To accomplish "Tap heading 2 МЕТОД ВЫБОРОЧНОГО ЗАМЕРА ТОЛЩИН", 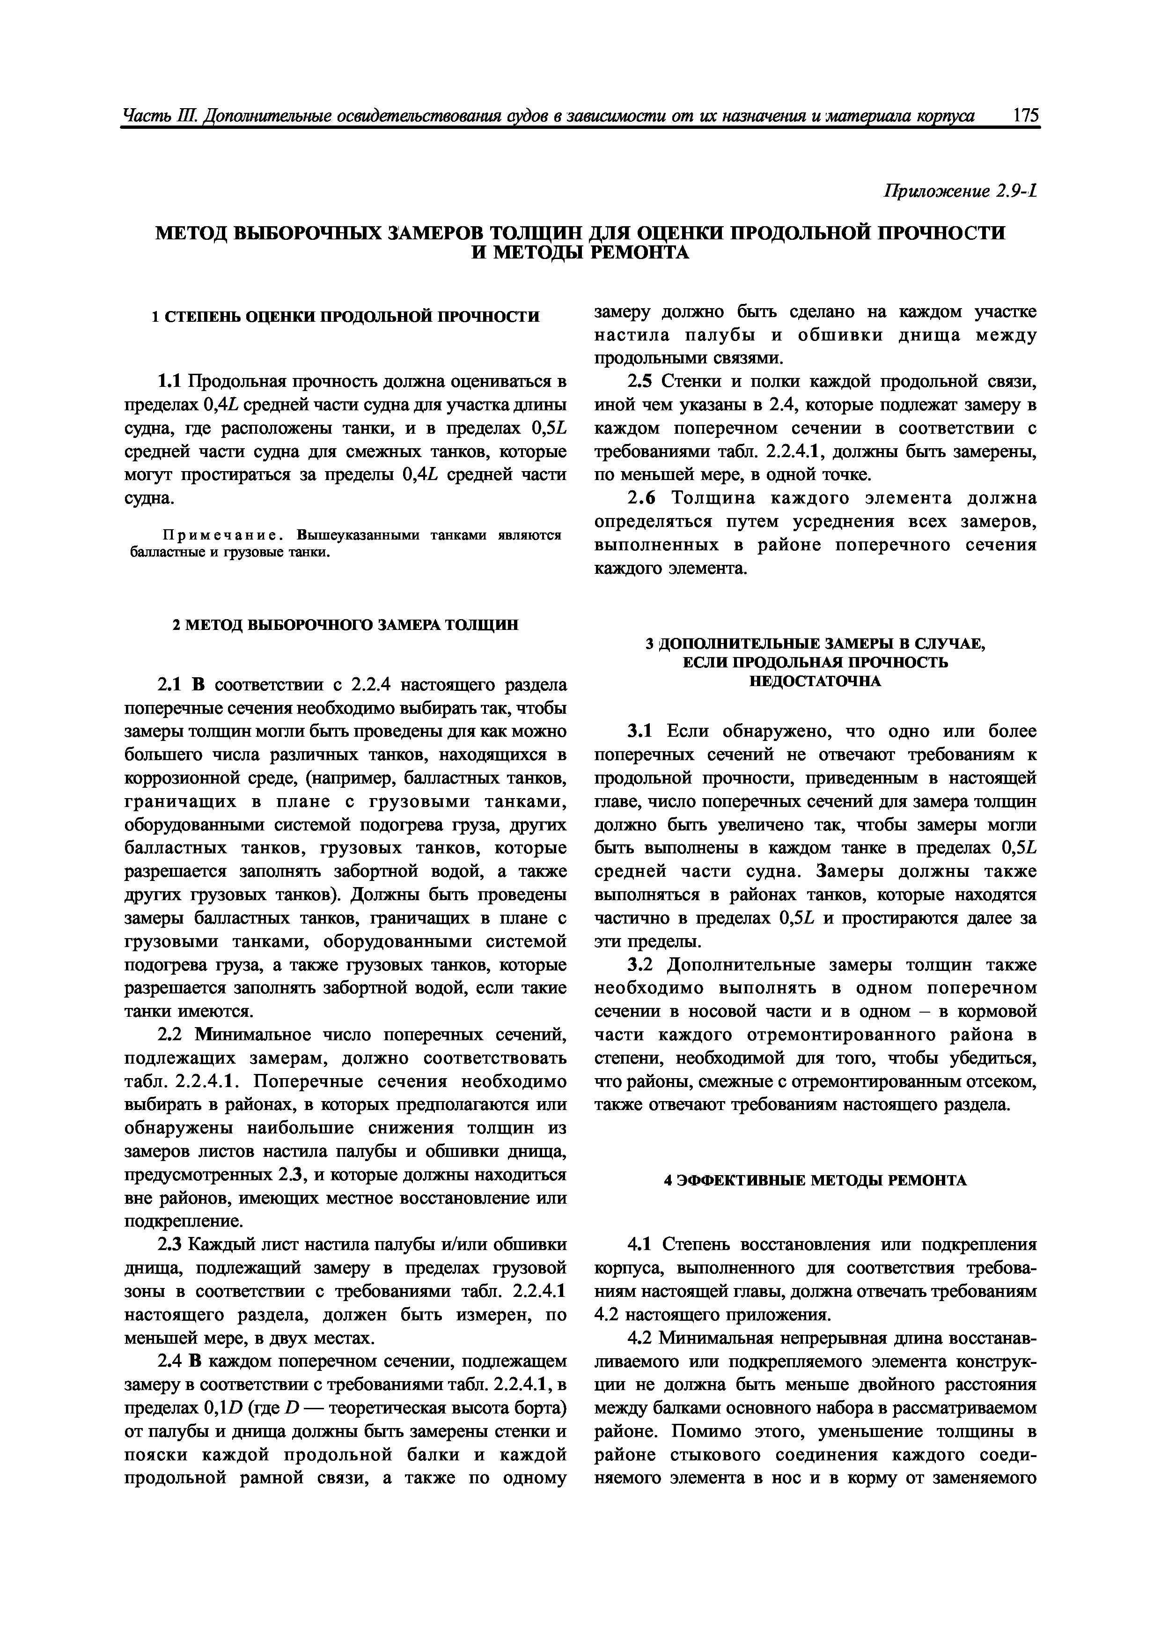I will [x=346, y=625].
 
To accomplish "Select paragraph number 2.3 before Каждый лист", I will [x=168, y=1245].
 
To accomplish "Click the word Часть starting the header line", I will [x=143, y=116].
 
